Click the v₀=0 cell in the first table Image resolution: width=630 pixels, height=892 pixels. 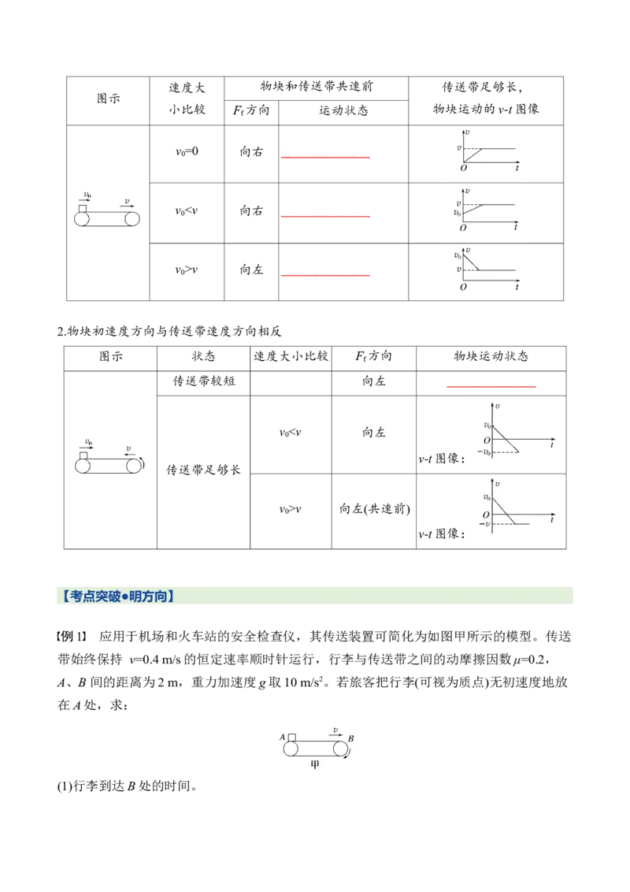187,152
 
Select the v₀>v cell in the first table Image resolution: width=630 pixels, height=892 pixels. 187,270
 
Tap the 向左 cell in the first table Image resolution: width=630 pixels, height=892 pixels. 251,269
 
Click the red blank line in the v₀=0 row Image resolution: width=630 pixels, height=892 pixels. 325,157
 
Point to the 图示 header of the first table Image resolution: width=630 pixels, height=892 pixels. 108,98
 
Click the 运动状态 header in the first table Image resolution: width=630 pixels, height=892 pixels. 343,110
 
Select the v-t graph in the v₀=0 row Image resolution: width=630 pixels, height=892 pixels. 488,151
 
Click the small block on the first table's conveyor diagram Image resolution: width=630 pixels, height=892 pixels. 83,209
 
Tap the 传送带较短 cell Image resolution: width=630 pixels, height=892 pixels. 203,381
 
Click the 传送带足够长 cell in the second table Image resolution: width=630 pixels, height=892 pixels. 203,470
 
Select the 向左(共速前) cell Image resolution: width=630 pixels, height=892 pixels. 374,509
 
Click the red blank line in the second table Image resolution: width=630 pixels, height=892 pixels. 491,386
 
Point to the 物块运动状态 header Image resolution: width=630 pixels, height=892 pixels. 491,356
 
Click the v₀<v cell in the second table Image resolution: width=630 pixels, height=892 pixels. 290,433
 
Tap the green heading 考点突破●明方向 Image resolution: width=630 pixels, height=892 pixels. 119,597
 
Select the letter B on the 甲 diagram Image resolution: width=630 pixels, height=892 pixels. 350,738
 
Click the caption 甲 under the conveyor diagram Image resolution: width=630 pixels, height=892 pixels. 314,764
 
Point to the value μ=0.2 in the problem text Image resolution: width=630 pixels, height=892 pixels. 528,660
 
